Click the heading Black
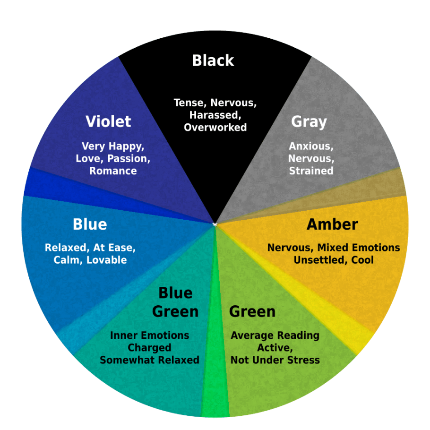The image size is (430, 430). [213, 60]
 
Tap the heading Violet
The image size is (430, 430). [108, 121]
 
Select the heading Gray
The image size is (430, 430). [309, 122]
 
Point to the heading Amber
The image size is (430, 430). [332, 224]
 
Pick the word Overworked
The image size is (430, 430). [215, 127]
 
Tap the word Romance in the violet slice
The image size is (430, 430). [113, 171]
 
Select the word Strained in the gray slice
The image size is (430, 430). [311, 171]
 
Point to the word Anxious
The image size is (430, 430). [311, 146]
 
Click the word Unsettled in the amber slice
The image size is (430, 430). [318, 260]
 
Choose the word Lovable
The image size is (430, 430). [107, 260]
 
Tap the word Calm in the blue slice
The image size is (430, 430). [68, 260]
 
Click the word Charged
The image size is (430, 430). [149, 348]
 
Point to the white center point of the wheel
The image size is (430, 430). [215, 224]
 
